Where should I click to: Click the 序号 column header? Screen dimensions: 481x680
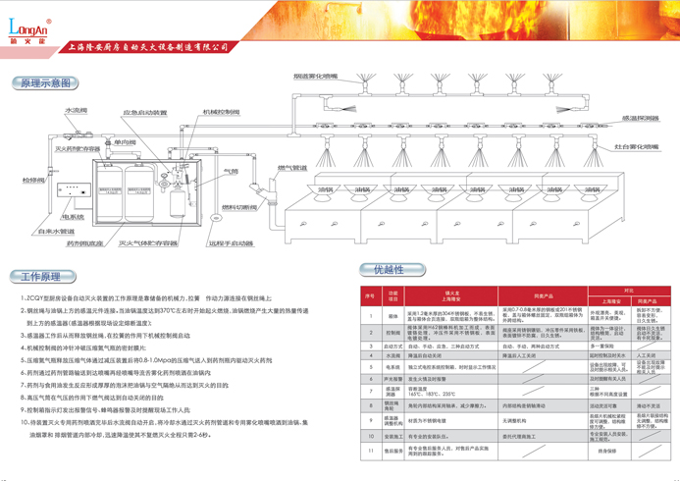371,294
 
